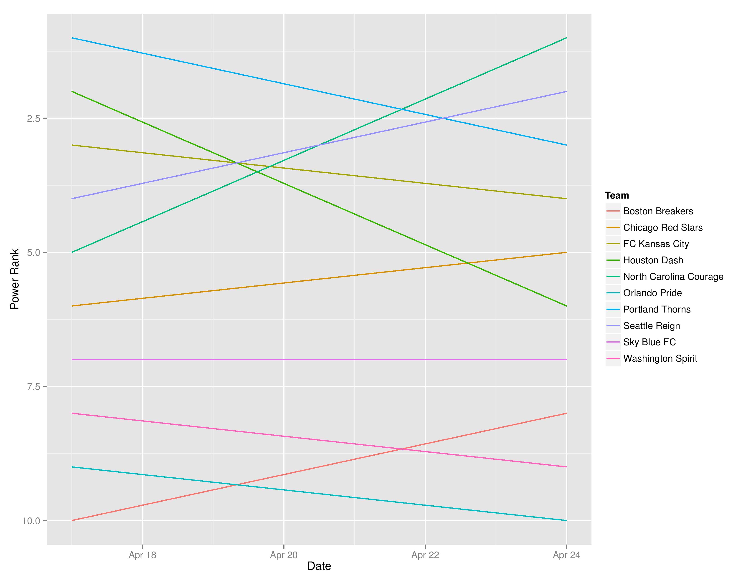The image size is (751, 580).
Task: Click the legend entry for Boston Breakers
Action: [x=658, y=211]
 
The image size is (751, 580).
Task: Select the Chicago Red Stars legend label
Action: [x=663, y=227]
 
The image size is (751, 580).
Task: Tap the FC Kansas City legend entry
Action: [x=656, y=244]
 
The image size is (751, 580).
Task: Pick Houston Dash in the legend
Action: [x=653, y=260]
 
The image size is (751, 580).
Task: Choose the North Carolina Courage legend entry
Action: [x=673, y=277]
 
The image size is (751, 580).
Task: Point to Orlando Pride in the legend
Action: [x=652, y=293]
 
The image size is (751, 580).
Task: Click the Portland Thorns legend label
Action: [x=657, y=309]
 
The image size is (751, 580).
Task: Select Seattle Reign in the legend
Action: [x=651, y=326]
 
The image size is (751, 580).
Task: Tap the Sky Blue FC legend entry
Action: [x=649, y=342]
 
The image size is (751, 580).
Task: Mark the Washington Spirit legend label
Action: [x=660, y=358]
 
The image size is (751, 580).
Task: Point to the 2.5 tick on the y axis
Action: [x=34, y=119]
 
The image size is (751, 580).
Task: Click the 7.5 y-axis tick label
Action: [x=34, y=386]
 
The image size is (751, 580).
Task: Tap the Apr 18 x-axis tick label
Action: [x=142, y=555]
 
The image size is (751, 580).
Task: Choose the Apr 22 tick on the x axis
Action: [x=425, y=555]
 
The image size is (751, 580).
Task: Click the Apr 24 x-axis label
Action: [x=567, y=555]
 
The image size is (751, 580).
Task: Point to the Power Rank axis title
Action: [x=14, y=279]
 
